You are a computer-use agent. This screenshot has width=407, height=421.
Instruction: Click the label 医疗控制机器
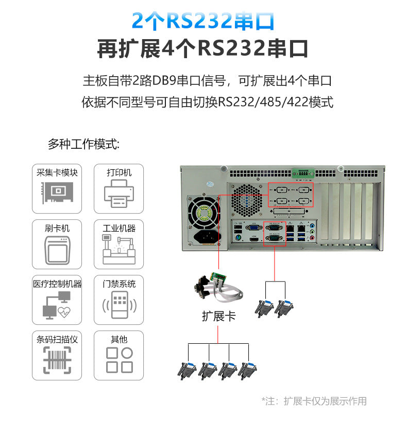point(57,284)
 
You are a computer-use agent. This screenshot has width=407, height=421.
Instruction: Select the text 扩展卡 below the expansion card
point(218,316)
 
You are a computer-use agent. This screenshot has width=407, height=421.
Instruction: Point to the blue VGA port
point(254,226)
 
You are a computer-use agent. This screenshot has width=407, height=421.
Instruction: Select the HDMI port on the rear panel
point(254,239)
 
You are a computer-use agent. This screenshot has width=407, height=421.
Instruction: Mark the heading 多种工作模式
point(83,144)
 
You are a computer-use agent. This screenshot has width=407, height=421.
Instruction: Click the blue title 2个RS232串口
point(203,21)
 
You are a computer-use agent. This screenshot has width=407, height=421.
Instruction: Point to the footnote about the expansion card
point(314,401)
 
